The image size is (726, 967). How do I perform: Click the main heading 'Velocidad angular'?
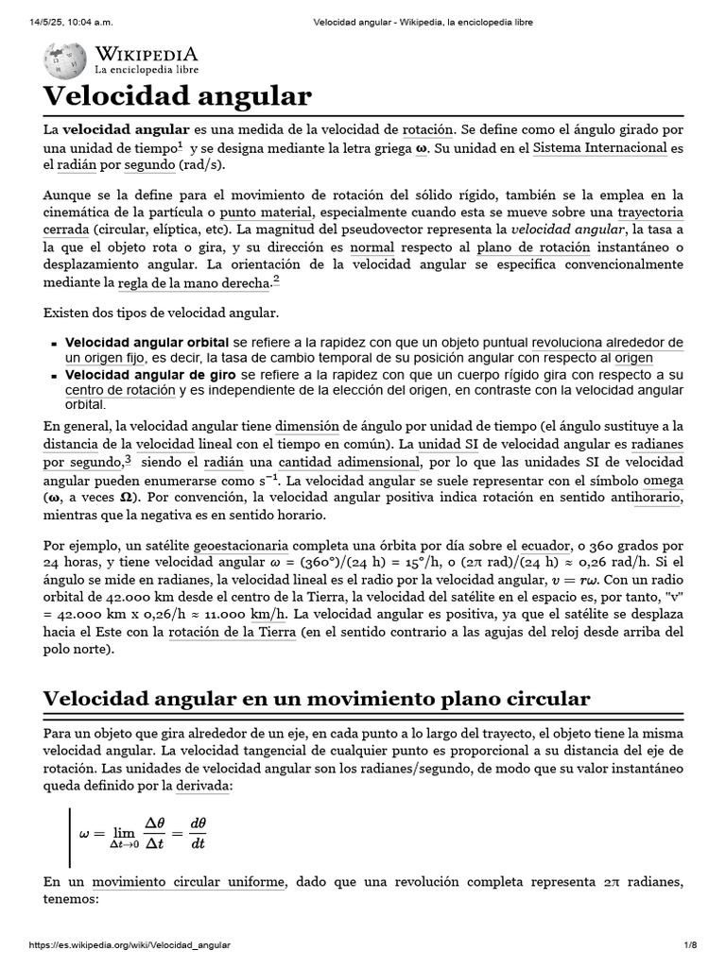click(177, 95)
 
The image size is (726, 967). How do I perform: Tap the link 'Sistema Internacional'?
click(600, 148)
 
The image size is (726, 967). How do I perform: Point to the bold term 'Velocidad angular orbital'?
click(147, 342)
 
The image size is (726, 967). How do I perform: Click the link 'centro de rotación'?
click(120, 389)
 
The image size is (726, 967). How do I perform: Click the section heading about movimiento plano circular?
click(317, 699)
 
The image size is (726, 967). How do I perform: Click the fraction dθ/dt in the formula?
click(198, 832)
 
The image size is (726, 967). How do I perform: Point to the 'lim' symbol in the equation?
click(124, 832)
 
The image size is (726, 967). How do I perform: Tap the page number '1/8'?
click(689, 944)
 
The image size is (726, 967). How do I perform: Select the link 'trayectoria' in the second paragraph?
click(650, 212)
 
